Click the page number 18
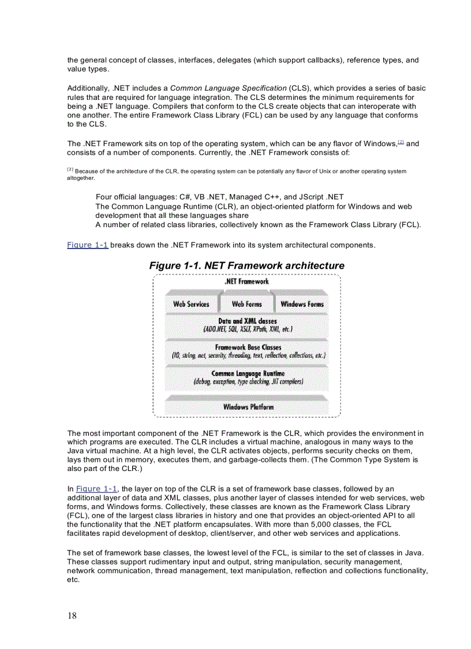tap(72, 615)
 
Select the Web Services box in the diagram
tap(191, 304)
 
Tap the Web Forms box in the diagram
tap(246, 304)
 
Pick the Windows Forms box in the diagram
tap(302, 304)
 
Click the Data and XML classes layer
tap(247, 325)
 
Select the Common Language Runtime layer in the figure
tap(248, 377)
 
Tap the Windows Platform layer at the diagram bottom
tap(248, 407)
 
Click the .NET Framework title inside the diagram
tap(246, 281)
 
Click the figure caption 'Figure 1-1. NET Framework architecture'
tap(246, 265)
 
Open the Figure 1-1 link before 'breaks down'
tap(88, 245)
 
